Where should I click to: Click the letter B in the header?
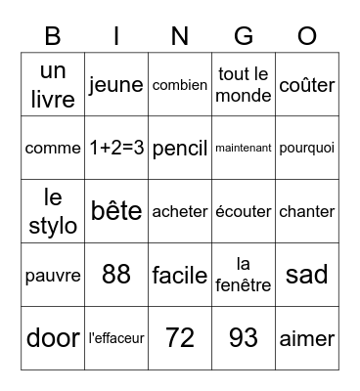point(53,36)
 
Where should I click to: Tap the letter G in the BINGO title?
point(244,36)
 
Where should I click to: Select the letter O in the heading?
point(307,36)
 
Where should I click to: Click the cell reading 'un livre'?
point(53,85)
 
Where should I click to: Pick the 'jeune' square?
point(116,85)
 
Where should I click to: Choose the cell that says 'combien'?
point(180,85)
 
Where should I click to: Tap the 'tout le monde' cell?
point(244,85)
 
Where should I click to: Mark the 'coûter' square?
point(307,85)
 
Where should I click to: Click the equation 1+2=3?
point(116,149)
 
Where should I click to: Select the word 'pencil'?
point(180,149)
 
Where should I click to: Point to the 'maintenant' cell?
point(244,149)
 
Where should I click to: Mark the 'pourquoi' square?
point(307,149)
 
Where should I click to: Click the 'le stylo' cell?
point(53,212)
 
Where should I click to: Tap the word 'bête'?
point(116,212)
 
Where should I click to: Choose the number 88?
point(116,275)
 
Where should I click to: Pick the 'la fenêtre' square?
point(244,275)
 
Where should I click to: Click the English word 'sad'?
point(307,275)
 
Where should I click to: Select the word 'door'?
point(53,338)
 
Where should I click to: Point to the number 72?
point(180,338)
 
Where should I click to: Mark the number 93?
point(244,338)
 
